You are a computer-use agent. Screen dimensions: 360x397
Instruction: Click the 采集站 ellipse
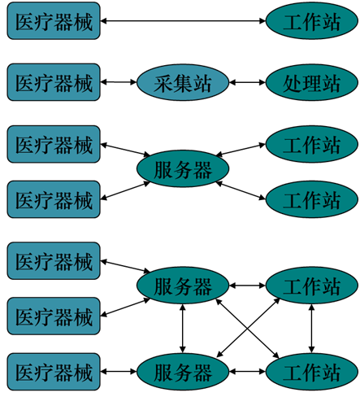pyautogui.click(x=183, y=82)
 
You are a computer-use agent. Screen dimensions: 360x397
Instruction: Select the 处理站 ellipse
pyautogui.click(x=312, y=82)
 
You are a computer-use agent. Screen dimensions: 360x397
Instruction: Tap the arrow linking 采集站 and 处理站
pyautogui.click(x=248, y=82)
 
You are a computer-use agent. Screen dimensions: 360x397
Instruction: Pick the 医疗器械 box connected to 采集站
pyautogui.click(x=54, y=82)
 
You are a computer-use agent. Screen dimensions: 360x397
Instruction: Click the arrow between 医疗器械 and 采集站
pyautogui.click(x=119, y=82)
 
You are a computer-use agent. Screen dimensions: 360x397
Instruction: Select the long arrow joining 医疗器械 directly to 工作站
pyautogui.click(x=183, y=20)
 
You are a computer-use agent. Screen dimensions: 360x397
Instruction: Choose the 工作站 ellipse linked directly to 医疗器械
pyautogui.click(x=312, y=20)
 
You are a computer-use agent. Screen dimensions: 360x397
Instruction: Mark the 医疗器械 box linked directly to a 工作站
pyautogui.click(x=54, y=20)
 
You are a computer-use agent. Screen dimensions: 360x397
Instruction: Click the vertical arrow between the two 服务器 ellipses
pyautogui.click(x=183, y=329)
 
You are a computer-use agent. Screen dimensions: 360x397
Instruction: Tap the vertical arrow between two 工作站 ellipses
pyautogui.click(x=312, y=329)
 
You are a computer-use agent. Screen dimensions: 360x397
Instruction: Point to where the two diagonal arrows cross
pyautogui.click(x=247, y=329)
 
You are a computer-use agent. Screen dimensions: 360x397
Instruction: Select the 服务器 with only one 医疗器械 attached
pyautogui.click(x=183, y=372)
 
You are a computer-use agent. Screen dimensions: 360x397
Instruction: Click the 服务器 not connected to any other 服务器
pyautogui.click(x=183, y=168)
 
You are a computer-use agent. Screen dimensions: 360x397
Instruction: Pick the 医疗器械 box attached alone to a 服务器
pyautogui.click(x=54, y=372)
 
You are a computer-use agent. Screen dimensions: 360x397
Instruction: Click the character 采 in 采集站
pyautogui.click(x=163, y=83)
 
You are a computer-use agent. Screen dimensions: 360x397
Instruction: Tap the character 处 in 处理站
pyautogui.click(x=293, y=83)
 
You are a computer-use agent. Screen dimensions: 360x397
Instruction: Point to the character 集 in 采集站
pyautogui.click(x=183, y=83)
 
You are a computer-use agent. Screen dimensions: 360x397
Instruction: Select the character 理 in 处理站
pyautogui.click(x=311, y=83)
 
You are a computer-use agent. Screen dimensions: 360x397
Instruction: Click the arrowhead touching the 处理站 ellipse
pyautogui.click(x=262, y=82)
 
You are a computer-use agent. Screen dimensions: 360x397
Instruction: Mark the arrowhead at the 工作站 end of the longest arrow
pyautogui.click(x=262, y=20)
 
